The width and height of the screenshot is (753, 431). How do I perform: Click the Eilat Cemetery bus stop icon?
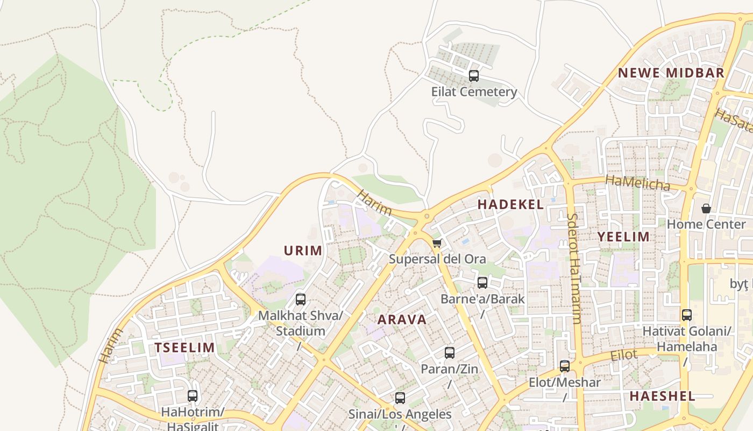pos(473,76)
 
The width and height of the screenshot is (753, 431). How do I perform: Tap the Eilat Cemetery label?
pos(474,92)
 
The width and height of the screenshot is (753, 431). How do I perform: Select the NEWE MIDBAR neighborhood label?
pos(671,73)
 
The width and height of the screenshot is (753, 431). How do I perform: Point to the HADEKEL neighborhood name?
pos(510,204)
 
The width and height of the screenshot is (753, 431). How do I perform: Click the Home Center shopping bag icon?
pos(706,208)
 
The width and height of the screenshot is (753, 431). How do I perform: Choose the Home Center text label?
pos(706,224)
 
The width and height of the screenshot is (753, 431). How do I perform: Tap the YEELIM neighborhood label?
pos(623,237)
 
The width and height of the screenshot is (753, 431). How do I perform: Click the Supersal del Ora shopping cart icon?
pos(437,244)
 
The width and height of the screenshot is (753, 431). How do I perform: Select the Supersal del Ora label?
pos(437,259)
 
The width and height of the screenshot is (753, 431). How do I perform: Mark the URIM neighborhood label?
pos(303,250)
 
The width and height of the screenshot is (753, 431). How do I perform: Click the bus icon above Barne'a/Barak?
pos(482,282)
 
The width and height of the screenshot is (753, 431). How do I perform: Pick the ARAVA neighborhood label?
pos(402,319)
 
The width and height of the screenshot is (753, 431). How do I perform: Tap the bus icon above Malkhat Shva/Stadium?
pos(301,300)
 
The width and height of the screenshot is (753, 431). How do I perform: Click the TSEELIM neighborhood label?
pos(184,347)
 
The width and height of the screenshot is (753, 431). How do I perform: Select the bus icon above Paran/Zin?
pos(449,353)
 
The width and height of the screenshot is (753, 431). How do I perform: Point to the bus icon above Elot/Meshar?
pos(564,366)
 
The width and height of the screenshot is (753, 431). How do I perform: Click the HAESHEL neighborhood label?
pos(662,396)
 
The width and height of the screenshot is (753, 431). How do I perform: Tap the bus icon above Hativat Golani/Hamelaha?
pos(686,315)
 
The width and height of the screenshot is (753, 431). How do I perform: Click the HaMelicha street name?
pos(638,183)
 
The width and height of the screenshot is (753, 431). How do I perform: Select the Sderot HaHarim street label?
pos(573,268)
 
